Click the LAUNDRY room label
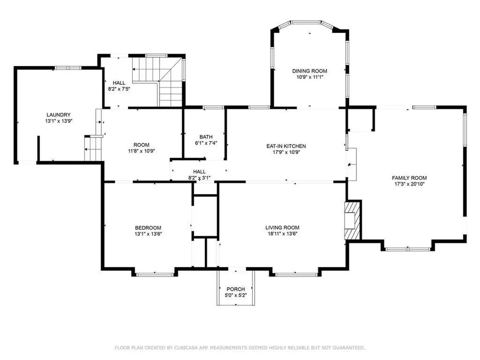pyautogui.click(x=59, y=115)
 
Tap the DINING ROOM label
pyautogui.click(x=310, y=71)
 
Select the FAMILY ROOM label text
pyautogui.click(x=409, y=178)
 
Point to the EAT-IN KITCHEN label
pyautogui.click(x=286, y=146)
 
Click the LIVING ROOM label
pyautogui.click(x=282, y=228)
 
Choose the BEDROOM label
pyautogui.click(x=148, y=228)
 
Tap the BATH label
pyautogui.click(x=206, y=137)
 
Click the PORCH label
pyautogui.click(x=235, y=289)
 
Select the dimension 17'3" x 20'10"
pyautogui.click(x=409, y=184)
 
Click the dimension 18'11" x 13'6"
pyautogui.click(x=282, y=234)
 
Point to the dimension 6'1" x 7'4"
pyautogui.click(x=206, y=143)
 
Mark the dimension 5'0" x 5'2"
pyautogui.click(x=235, y=295)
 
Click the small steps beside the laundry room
pyautogui.click(x=93, y=148)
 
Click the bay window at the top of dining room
pyautogui.click(x=306, y=22)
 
